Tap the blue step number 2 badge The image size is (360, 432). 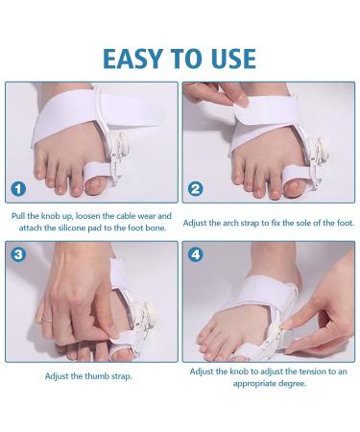[197, 189]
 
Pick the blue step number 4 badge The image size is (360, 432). [198, 256]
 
